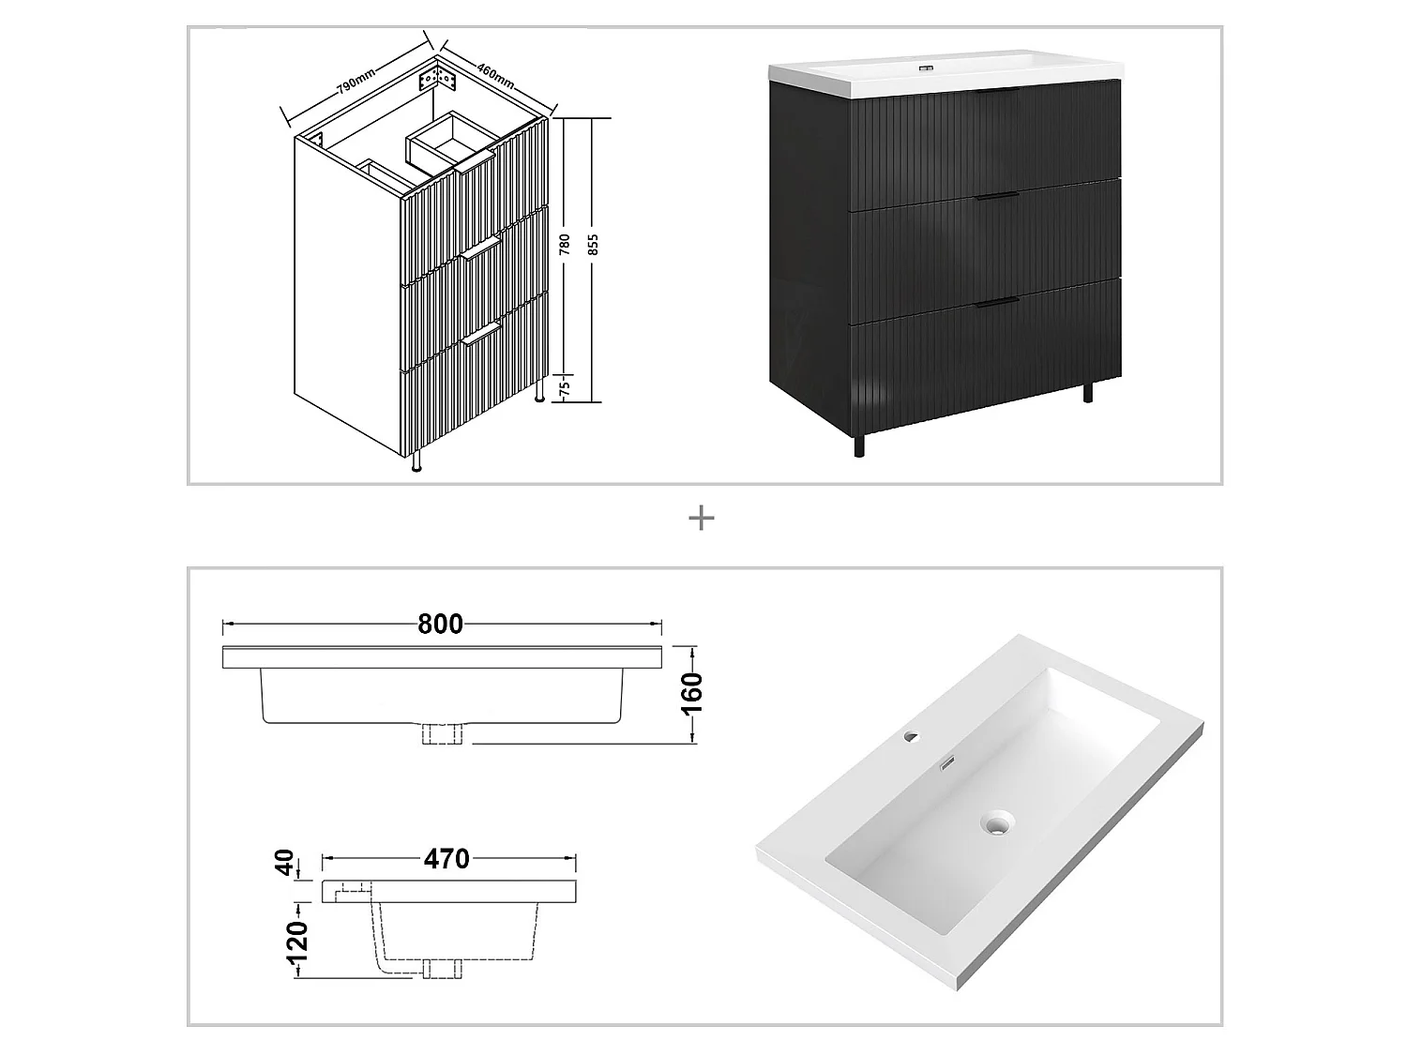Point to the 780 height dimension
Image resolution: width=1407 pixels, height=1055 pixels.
[564, 246]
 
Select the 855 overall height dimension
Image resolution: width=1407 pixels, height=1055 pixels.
[593, 246]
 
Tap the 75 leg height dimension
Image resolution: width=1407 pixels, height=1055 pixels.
[564, 389]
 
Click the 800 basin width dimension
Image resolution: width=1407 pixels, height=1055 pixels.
[440, 625]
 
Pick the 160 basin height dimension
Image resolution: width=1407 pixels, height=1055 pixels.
[692, 693]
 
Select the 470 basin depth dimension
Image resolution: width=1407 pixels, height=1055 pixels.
[446, 858]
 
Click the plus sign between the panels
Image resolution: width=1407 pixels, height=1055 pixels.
[702, 518]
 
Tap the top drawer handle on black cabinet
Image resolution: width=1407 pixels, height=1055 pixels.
[996, 93]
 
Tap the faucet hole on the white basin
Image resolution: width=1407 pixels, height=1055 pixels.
[909, 738]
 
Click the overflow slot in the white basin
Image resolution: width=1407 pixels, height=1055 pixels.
[947, 764]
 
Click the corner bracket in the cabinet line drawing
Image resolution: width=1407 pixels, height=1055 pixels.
[442, 76]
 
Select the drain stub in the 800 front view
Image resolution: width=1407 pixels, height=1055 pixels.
[443, 734]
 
